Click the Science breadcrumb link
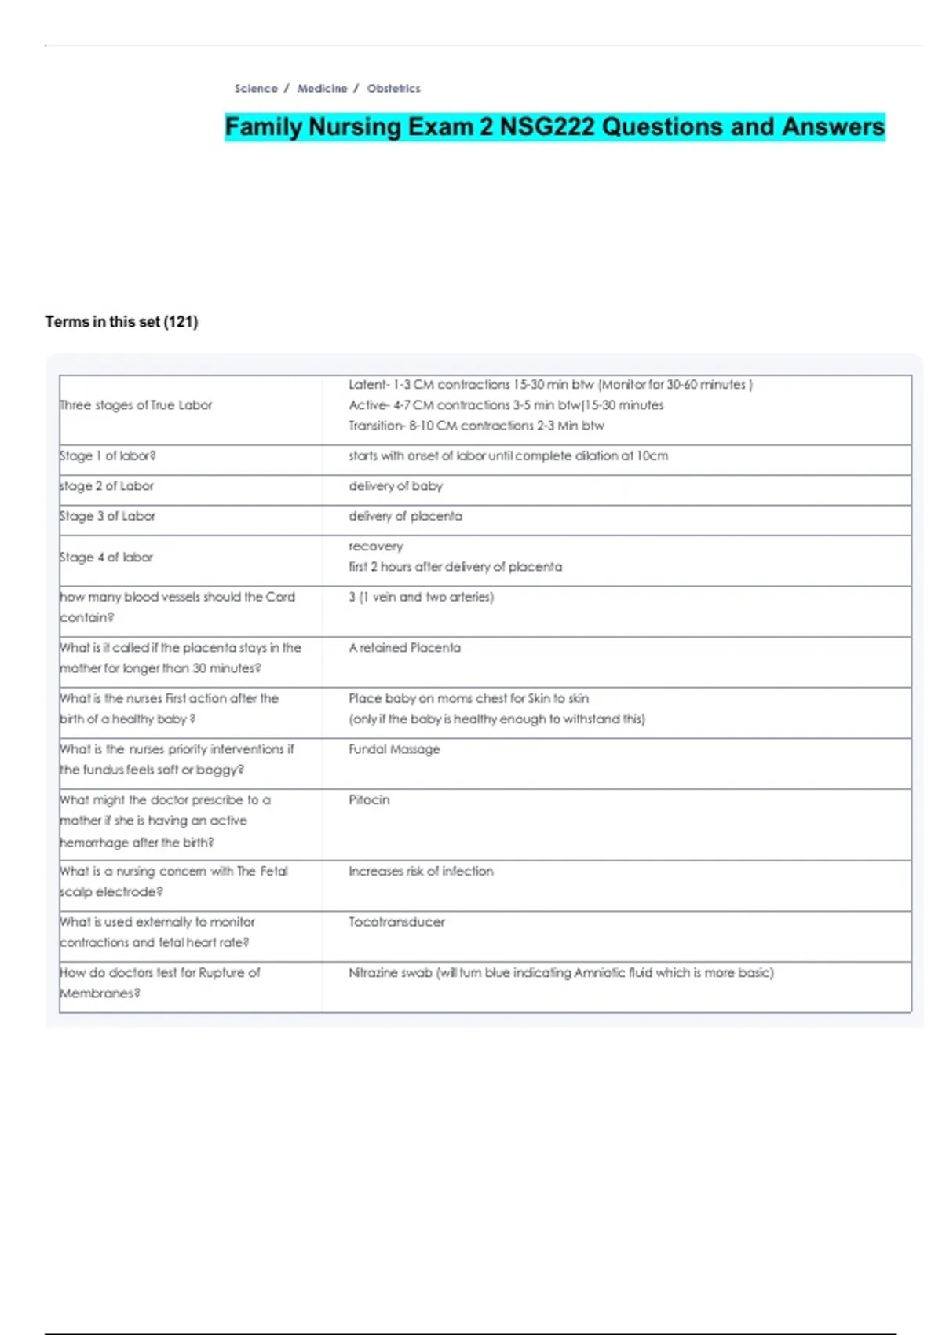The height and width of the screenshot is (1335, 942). pyautogui.click(x=256, y=89)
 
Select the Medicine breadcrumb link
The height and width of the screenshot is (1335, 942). pyautogui.click(x=322, y=89)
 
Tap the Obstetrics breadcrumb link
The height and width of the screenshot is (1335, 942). pyautogui.click(x=393, y=89)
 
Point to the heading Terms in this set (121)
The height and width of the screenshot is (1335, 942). pyautogui.click(x=122, y=322)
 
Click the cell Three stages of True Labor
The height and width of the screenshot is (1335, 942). pyautogui.click(x=137, y=405)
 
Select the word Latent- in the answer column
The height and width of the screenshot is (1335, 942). pyautogui.click(x=368, y=385)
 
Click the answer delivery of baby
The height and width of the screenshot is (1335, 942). pyautogui.click(x=396, y=486)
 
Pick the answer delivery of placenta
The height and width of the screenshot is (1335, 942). pyautogui.click(x=405, y=516)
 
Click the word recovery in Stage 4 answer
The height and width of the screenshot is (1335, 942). pyautogui.click(x=375, y=547)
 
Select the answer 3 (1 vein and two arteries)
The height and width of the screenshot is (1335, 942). pyautogui.click(x=421, y=597)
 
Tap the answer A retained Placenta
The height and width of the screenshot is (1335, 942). pyautogui.click(x=404, y=648)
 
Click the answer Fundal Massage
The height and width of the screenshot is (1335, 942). pyautogui.click(x=394, y=749)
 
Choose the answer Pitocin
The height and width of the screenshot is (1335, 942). pyautogui.click(x=369, y=800)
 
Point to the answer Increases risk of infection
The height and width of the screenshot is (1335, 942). pyautogui.click(x=421, y=872)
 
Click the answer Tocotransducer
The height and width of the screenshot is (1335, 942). pyautogui.click(x=396, y=922)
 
